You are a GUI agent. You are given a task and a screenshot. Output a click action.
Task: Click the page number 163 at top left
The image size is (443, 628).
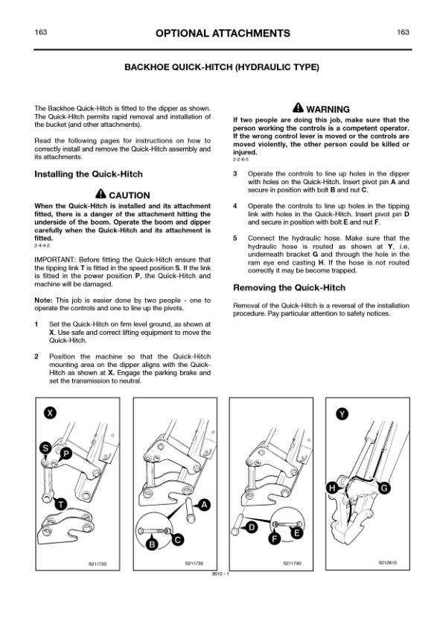pyautogui.click(x=41, y=33)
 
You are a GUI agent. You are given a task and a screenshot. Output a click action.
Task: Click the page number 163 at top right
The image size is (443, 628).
pyautogui.click(x=404, y=33)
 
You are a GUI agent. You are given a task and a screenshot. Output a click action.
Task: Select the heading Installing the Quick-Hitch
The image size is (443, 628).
pyautogui.click(x=89, y=175)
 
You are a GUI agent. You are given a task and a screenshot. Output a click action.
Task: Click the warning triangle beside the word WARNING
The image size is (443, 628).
pyautogui.click(x=298, y=108)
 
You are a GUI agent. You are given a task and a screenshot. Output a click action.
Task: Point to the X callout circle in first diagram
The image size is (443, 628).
pyautogui.click(x=49, y=412)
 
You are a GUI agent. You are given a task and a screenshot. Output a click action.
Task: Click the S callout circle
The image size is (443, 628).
pyautogui.click(x=46, y=448)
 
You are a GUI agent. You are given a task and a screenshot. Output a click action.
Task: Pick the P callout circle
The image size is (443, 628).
pyautogui.click(x=66, y=453)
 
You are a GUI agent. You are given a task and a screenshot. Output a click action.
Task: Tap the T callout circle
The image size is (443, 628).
pyautogui.click(x=57, y=503)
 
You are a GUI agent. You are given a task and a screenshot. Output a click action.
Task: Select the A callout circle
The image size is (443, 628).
pyautogui.click(x=203, y=505)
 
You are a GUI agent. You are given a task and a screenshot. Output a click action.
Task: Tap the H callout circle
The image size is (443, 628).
pyautogui.click(x=331, y=488)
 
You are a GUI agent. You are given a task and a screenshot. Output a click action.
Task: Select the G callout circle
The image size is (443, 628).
pyautogui.click(x=384, y=488)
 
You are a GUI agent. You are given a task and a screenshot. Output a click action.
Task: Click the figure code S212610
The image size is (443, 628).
pyautogui.click(x=387, y=562)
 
